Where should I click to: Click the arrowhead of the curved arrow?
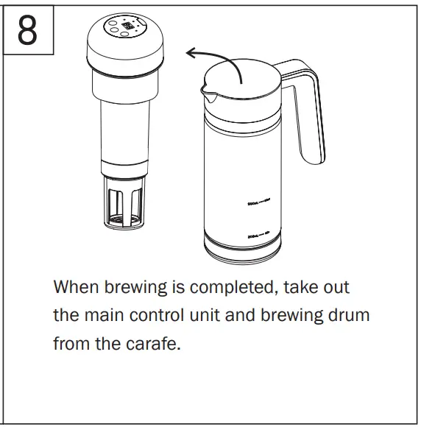pos(191,52)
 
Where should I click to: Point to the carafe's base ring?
pos(242,251)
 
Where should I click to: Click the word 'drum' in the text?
pos(347,315)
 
